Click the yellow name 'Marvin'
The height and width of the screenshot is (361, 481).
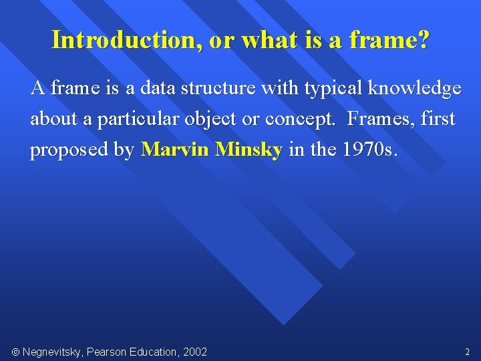[x=175, y=150]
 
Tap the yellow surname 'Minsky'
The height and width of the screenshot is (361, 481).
[x=249, y=150]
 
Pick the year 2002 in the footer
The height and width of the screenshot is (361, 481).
[x=194, y=352]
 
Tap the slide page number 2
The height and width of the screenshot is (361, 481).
[x=467, y=352]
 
